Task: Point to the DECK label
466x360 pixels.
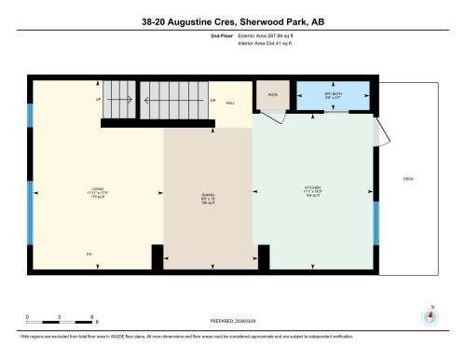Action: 407,178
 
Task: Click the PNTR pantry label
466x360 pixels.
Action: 273,94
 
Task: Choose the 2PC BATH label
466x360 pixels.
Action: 333,94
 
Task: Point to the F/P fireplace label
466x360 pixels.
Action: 89,254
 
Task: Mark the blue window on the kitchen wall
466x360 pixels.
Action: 376,222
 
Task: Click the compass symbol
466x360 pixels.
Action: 430,315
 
